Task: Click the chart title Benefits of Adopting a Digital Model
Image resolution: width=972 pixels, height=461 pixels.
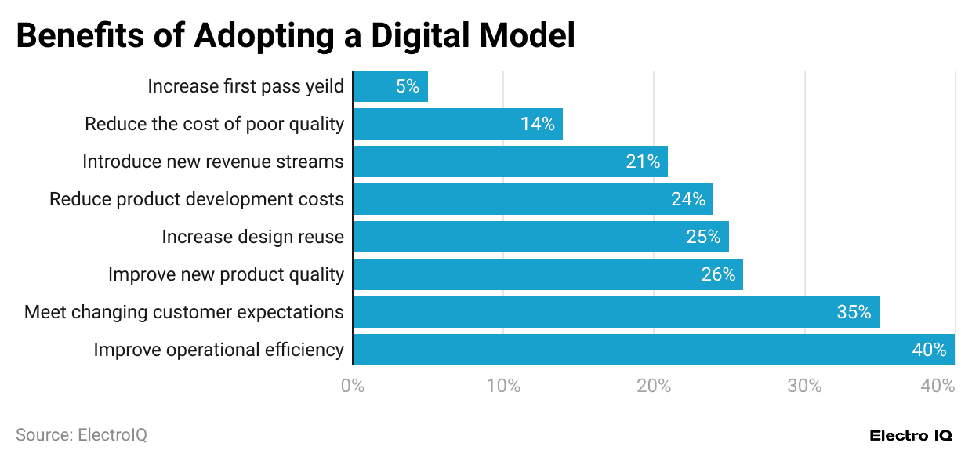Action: coord(296,35)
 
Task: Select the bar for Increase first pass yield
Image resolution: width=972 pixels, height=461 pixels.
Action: coord(390,86)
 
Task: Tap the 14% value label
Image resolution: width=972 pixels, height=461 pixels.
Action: coord(537,124)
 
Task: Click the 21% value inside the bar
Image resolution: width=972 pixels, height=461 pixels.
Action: coord(643,162)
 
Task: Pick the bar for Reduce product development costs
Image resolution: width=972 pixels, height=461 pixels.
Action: coord(533,199)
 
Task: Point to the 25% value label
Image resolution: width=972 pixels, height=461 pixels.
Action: coord(703,237)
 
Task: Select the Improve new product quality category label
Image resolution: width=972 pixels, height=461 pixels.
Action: coord(226,274)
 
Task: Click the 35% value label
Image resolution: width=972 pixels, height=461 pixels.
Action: coord(854,312)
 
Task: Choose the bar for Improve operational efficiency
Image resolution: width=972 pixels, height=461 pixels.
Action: coord(654,350)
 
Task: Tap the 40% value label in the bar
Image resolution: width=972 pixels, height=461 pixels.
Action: coord(929,350)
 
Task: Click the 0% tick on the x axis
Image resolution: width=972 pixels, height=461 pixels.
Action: coord(353,387)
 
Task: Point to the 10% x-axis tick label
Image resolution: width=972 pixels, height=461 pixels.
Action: coord(503,387)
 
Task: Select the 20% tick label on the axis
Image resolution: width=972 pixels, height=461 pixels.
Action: coord(654,387)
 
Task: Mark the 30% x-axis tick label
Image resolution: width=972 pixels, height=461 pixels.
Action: coord(804,387)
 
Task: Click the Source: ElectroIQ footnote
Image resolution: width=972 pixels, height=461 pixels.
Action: coord(81,434)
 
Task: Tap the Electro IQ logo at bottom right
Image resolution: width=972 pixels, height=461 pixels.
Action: coord(910,435)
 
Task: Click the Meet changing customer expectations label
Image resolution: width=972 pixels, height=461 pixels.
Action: coord(184,312)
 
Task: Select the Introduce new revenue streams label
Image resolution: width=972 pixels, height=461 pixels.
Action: coord(213,162)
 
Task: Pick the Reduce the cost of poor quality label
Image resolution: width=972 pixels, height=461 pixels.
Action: coord(214,124)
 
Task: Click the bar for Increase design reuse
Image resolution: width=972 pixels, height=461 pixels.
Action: coord(541,237)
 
